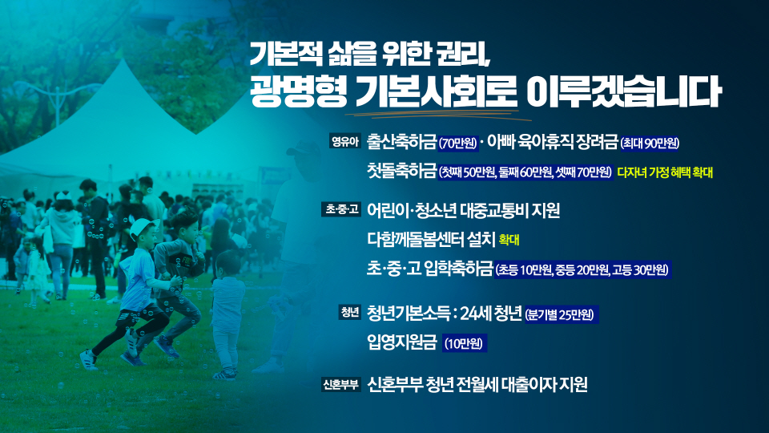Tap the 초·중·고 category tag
342,210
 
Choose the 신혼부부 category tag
340,384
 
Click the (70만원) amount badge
458,144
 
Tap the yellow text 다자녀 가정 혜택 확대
664,172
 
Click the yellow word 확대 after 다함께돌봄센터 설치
509,240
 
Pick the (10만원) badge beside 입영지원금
465,345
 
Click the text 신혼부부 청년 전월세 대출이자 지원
477,385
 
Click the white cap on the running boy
144,226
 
